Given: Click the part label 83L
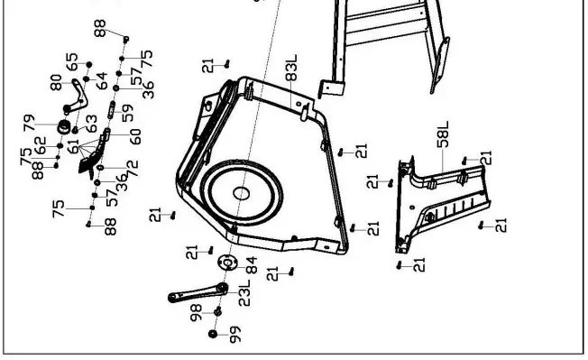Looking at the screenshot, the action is point(291,68).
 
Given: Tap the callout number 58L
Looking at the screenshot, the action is point(443,134).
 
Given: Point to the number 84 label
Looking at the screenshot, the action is point(252,265).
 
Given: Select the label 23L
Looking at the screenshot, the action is point(244,293).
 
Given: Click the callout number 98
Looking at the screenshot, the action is point(196,312).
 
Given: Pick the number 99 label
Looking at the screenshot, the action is point(235,335).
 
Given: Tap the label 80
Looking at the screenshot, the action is point(56,82).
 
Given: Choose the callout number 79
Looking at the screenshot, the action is point(29,123).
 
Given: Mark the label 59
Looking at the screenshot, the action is point(127,113).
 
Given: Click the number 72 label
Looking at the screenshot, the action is point(133,169).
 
